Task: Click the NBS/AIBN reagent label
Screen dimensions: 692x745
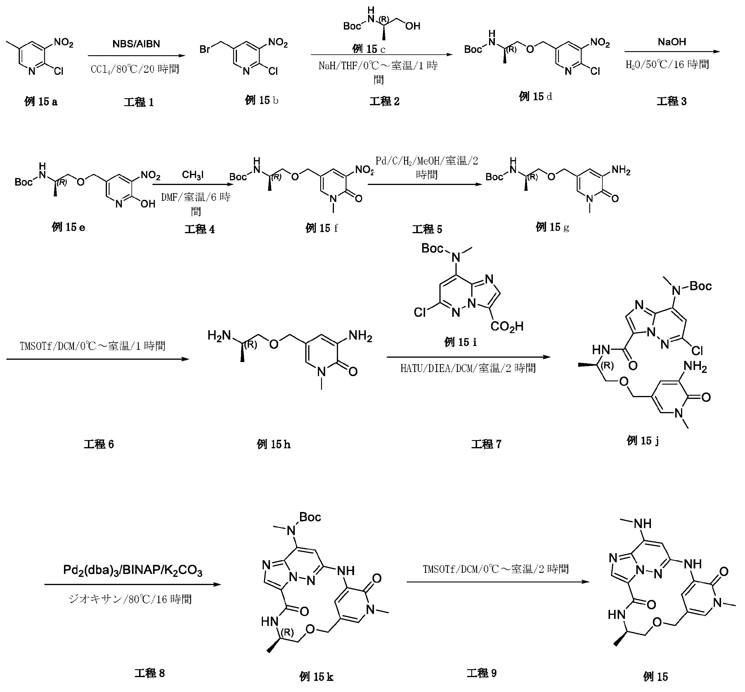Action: pyautogui.click(x=136, y=44)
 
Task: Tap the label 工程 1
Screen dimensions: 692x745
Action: pyautogui.click(x=139, y=102)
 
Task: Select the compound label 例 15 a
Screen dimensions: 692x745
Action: pyautogui.click(x=41, y=101)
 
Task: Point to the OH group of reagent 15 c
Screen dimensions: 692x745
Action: pyautogui.click(x=413, y=26)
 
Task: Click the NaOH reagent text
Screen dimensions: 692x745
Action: pyautogui.click(x=672, y=41)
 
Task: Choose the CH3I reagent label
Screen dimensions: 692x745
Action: pyautogui.click(x=193, y=175)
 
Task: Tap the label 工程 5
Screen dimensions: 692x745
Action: pyautogui.click(x=427, y=229)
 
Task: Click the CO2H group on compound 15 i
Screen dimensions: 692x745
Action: pyautogui.click(x=507, y=326)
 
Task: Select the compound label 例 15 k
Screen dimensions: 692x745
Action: pyautogui.click(x=316, y=676)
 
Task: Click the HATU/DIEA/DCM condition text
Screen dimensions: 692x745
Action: pyautogui.click(x=468, y=368)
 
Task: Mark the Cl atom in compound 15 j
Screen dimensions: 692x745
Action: pyautogui.click(x=697, y=350)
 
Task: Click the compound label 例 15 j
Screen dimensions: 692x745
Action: pyautogui.click(x=643, y=440)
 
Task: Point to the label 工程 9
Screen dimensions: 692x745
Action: pyautogui.click(x=481, y=673)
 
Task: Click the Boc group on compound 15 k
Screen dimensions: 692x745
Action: pyautogui.click(x=310, y=517)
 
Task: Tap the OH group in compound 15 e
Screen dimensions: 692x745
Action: pyautogui.click(x=148, y=203)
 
